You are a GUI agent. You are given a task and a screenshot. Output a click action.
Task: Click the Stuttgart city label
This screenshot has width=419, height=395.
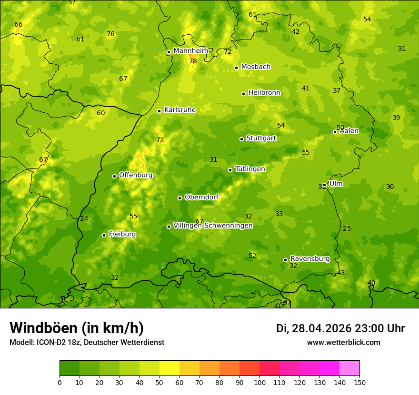coord(261,138)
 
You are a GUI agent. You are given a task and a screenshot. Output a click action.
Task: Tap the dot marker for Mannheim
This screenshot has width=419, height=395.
coord(169,52)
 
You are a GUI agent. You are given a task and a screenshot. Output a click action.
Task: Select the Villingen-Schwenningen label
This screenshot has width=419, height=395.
coord(213,226)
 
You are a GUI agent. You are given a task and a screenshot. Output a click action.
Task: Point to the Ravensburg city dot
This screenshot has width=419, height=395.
coord(285,260)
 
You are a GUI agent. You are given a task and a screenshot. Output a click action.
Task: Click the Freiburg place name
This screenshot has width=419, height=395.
coord(122,234)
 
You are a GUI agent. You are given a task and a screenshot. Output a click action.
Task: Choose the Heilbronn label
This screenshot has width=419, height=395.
coord(264,93)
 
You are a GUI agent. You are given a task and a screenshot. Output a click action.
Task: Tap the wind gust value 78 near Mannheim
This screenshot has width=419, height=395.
coord(193,61)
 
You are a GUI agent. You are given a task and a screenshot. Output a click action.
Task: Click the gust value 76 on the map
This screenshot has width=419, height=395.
coord(110,34)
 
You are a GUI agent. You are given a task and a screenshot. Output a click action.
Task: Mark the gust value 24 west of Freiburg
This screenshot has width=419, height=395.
coord(84,219)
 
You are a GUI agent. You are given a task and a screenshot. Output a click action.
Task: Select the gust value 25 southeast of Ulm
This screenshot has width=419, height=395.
coord(347,229)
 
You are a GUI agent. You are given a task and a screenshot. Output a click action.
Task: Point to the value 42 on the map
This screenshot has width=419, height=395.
coord(296,32)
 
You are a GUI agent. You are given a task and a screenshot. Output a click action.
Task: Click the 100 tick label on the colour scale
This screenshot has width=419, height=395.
coord(259,382)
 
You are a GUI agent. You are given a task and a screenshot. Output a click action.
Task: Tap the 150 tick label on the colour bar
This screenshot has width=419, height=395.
coord(359,382)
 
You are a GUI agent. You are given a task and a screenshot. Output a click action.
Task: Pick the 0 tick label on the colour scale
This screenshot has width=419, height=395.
coord(60,382)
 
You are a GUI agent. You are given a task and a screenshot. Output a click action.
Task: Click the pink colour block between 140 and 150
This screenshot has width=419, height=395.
coord(349,368)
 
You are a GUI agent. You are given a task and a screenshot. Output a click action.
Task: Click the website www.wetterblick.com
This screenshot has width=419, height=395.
coord(343,343)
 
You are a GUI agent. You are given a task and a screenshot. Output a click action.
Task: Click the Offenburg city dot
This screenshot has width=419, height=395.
coord(114,176)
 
